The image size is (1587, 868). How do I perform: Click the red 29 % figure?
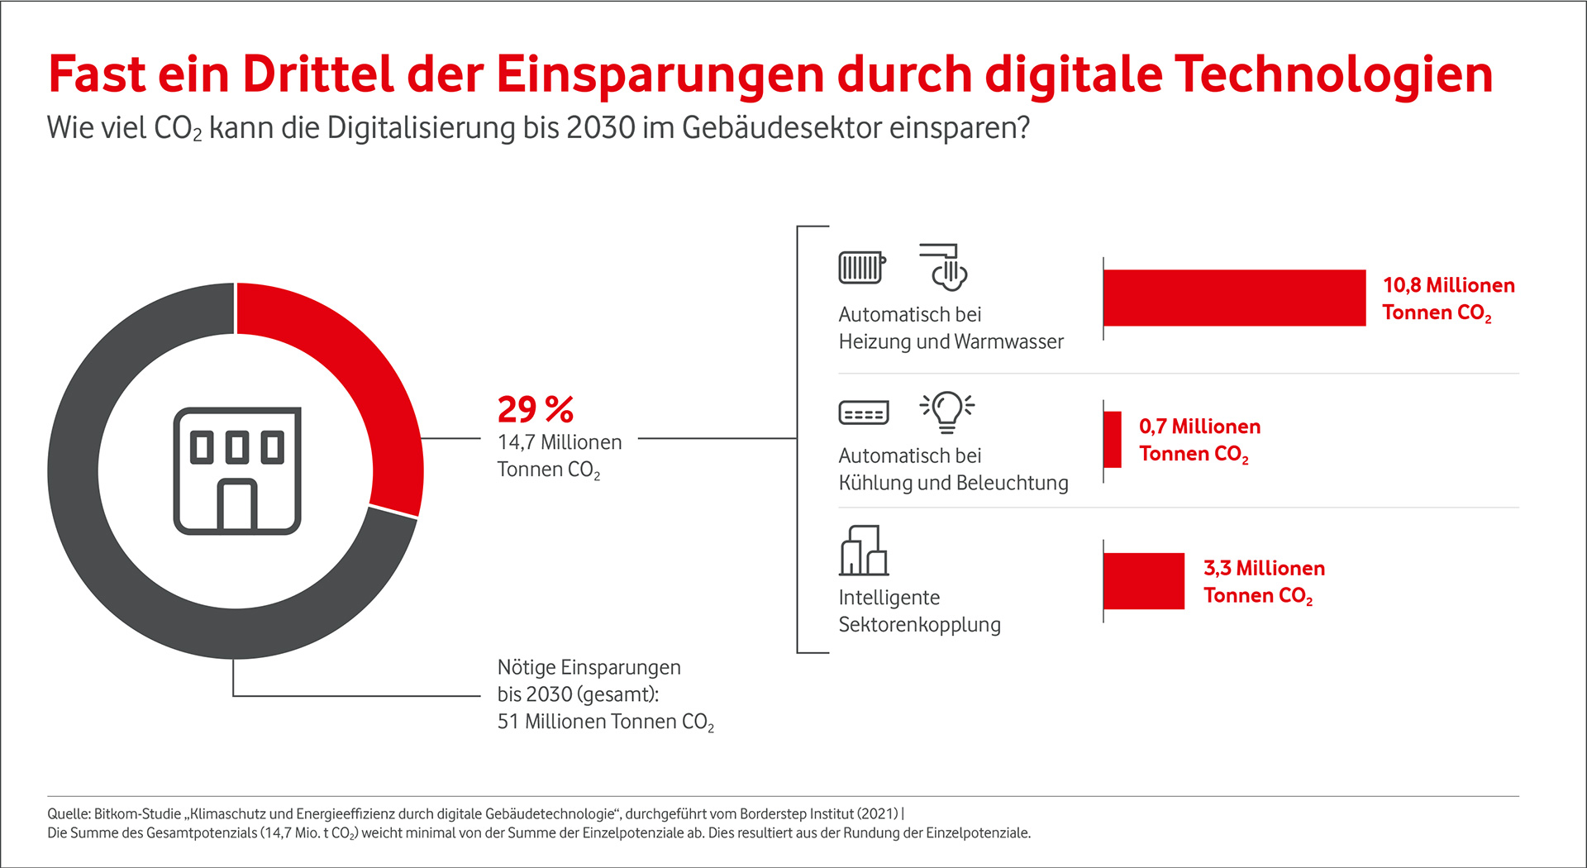pyautogui.click(x=535, y=410)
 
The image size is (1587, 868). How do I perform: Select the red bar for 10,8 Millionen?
pyautogui.click(x=1234, y=298)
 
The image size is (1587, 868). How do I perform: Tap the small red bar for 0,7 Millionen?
pyautogui.click(x=1113, y=440)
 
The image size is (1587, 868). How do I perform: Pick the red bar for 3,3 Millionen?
pyautogui.click(x=1144, y=581)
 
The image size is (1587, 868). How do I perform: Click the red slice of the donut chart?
pyautogui.click(x=355, y=372)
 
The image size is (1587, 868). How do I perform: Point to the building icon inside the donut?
pyautogui.click(x=237, y=470)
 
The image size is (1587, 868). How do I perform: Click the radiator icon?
pyautogui.click(x=861, y=268)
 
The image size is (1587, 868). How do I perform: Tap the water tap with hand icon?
pyautogui.click(x=944, y=267)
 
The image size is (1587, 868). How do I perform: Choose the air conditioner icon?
pyautogui.click(x=864, y=413)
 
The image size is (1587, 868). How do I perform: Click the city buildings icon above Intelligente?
pyautogui.click(x=864, y=551)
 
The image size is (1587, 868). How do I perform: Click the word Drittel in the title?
pyautogui.click(x=318, y=74)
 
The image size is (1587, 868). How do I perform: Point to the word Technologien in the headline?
pyautogui.click(x=1333, y=74)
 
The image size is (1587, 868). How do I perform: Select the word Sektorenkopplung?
pyautogui.click(x=919, y=625)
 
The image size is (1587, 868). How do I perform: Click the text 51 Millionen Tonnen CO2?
pyautogui.click(x=605, y=723)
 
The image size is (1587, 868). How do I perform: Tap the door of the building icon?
pyautogui.click(x=237, y=506)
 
